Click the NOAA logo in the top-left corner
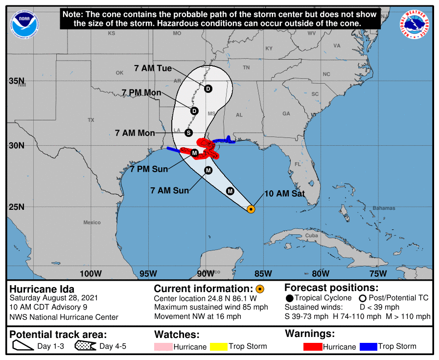(x=23, y=23)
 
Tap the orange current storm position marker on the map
(x=251, y=209)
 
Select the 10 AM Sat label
(x=285, y=194)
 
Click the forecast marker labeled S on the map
(x=189, y=133)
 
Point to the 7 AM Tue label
(x=153, y=68)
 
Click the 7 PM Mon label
(x=142, y=93)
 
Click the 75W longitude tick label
(x=378, y=273)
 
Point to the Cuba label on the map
(x=312, y=235)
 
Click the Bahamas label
(x=383, y=208)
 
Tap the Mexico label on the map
(x=92, y=223)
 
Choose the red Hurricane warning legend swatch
(x=313, y=347)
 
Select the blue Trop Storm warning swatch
(x=368, y=347)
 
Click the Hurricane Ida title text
(x=42, y=289)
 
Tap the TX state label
(x=91, y=120)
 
